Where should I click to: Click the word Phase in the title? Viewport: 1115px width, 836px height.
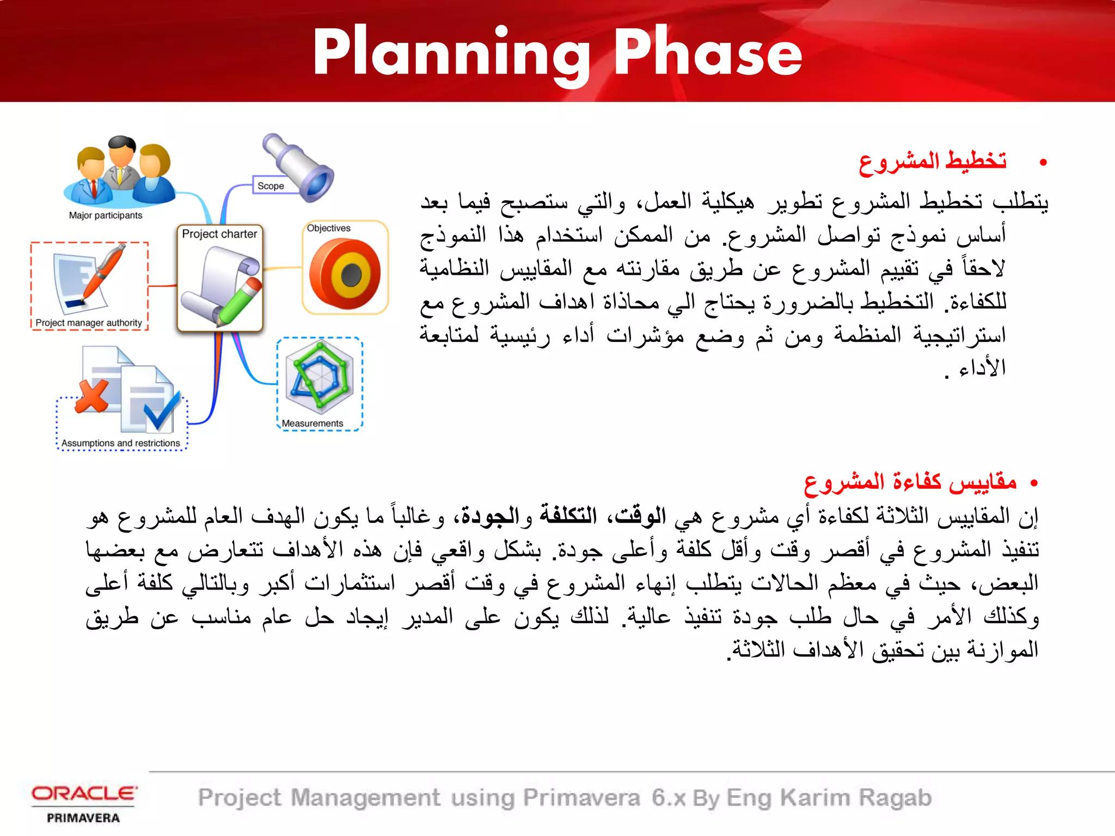(x=708, y=53)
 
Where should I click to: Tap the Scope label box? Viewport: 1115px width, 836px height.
(x=271, y=186)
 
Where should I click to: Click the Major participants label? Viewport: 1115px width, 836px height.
(x=105, y=216)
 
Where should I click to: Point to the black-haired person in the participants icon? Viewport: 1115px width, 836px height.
(x=121, y=158)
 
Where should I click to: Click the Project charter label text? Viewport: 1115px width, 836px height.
(x=219, y=234)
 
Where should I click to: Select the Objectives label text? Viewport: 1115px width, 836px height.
(x=328, y=228)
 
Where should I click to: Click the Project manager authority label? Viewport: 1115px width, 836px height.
(x=89, y=323)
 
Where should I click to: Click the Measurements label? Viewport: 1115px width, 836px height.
(x=313, y=423)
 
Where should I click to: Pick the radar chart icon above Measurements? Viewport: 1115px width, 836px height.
(x=320, y=376)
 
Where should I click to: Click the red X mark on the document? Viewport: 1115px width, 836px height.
(x=92, y=396)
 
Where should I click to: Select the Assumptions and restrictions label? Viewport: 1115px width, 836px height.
(x=120, y=443)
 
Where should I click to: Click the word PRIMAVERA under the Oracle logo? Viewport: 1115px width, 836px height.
(x=83, y=818)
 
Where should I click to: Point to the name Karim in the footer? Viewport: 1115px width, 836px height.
(x=814, y=798)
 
